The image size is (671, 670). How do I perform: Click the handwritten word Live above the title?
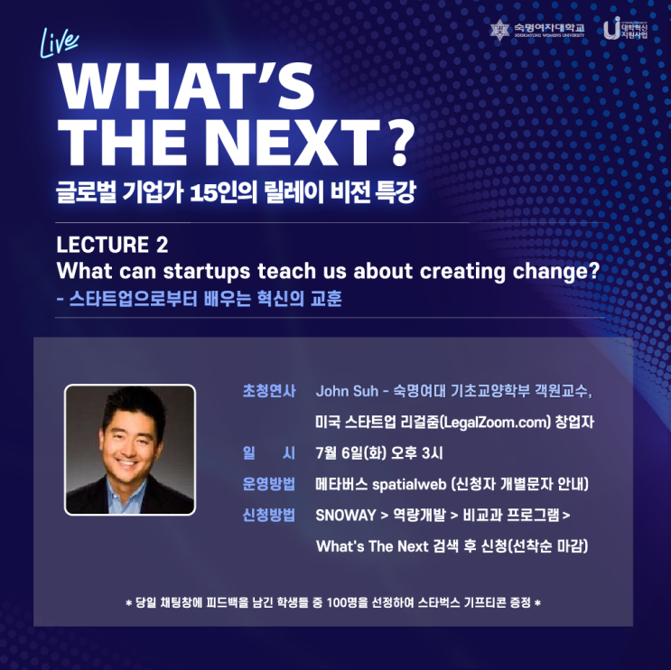tap(61, 42)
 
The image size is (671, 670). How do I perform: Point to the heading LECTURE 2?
tap(112, 245)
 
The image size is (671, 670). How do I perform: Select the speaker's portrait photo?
tap(130, 450)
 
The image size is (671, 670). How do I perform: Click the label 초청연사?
tap(269, 392)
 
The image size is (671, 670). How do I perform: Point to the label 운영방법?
tap(269, 484)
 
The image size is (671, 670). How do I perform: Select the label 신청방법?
tap(269, 515)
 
